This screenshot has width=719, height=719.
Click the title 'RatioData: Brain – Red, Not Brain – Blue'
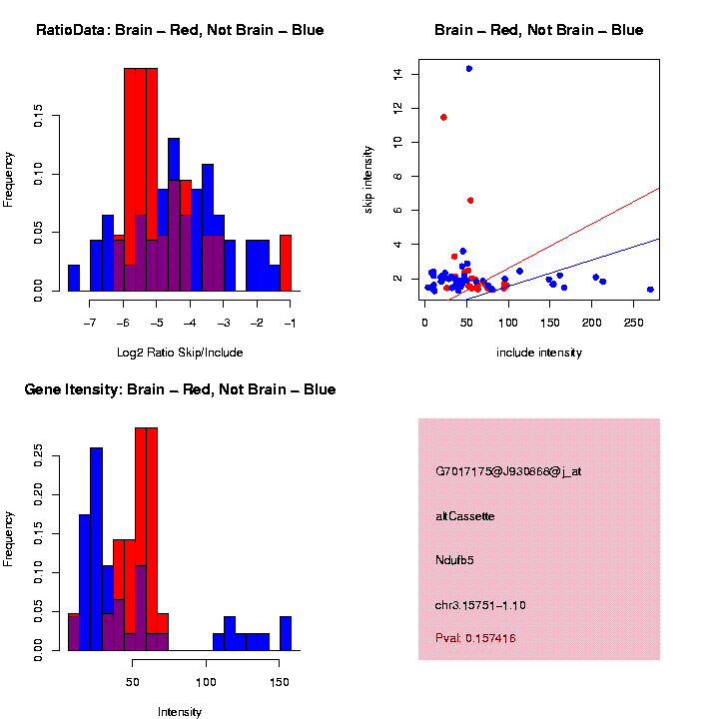tap(180, 30)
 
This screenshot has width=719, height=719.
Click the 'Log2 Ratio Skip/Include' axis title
tap(180, 353)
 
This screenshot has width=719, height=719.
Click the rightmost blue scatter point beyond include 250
tap(650, 290)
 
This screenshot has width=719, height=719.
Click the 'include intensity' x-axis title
tap(539, 353)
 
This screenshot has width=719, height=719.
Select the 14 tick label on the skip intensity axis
tap(397, 74)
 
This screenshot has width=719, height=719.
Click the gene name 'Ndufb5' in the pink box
tap(454, 560)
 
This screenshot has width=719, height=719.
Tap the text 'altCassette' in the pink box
tap(465, 516)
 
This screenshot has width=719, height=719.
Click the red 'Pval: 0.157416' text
tap(475, 638)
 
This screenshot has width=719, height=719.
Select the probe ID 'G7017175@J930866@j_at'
tap(508, 471)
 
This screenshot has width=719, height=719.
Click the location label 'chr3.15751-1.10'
tap(480, 605)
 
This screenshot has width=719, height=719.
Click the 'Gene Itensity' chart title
tap(180, 389)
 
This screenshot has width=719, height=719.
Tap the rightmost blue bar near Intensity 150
tap(286, 633)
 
